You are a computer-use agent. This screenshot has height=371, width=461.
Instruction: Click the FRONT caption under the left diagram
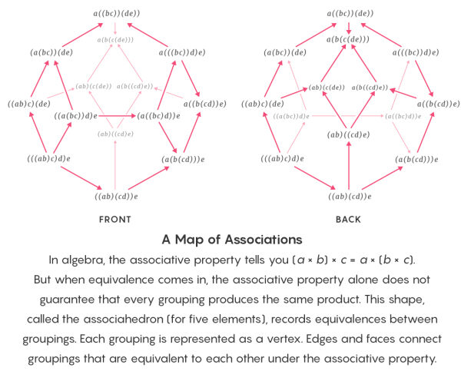coord(115,220)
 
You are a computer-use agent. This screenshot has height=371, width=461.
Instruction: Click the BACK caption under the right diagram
coord(348,220)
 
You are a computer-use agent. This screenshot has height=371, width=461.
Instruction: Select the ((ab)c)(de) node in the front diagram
coord(28,104)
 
